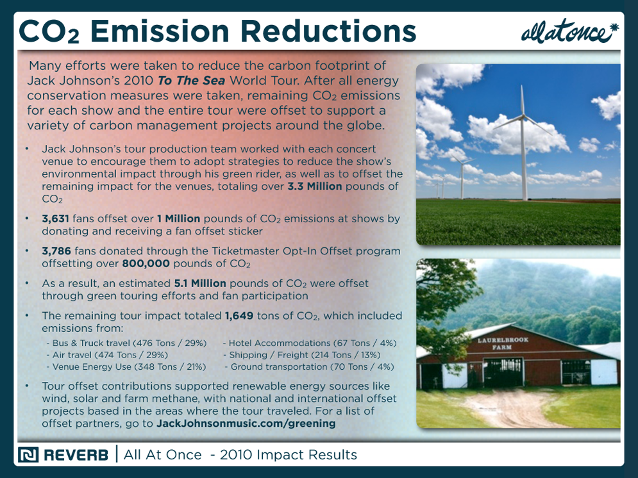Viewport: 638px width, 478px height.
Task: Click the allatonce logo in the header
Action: (569, 31)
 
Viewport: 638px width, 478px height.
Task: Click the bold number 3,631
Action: (55, 218)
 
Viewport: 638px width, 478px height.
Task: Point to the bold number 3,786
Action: (56, 251)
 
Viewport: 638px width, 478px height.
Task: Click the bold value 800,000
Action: (146, 263)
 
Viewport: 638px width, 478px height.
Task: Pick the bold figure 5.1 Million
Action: (200, 283)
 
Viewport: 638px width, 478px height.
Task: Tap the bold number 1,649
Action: (239, 316)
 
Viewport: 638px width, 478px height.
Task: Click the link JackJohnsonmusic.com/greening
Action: (246, 424)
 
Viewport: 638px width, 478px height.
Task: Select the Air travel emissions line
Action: (107, 355)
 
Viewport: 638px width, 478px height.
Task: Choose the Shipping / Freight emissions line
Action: (301, 355)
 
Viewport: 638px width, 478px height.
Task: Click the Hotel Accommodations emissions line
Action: (310, 343)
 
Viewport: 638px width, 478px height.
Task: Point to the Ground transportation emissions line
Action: (309, 367)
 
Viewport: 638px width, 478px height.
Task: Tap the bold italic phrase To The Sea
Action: (191, 81)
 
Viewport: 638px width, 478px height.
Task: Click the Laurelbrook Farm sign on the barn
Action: (503, 343)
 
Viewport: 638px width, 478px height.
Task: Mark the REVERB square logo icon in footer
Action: (28, 455)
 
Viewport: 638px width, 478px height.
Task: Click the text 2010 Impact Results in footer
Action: (289, 455)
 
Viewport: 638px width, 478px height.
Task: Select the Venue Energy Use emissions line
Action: (126, 367)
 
